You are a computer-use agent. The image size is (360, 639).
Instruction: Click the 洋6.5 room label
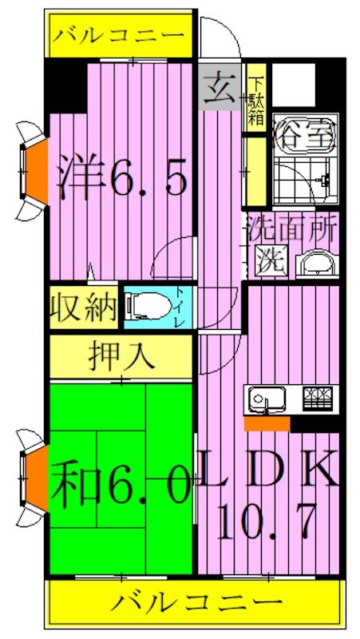[122, 181]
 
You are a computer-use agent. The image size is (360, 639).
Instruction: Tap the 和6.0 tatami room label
[121, 484]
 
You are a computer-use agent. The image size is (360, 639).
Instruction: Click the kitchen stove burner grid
[320, 396]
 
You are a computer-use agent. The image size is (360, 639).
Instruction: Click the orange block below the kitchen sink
[267, 423]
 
